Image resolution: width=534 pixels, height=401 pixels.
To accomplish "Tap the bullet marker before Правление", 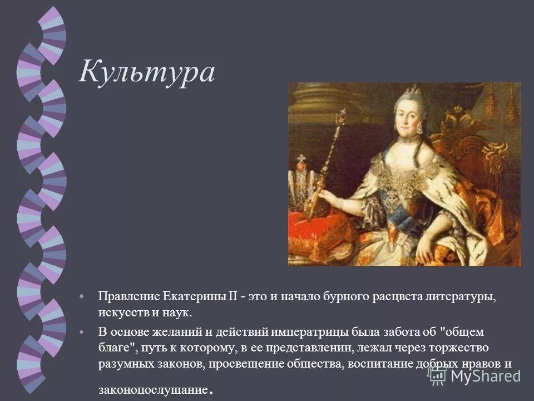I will pyautogui.click(x=82, y=295).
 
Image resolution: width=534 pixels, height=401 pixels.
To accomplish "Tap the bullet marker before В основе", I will pyautogui.click(x=82, y=331).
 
